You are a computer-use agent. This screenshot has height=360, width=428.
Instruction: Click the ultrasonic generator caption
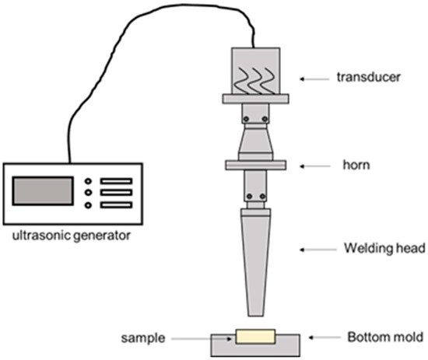(x=65, y=234)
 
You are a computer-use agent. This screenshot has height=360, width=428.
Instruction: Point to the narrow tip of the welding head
(x=256, y=309)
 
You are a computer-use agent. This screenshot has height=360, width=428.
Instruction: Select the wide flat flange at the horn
(x=256, y=166)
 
